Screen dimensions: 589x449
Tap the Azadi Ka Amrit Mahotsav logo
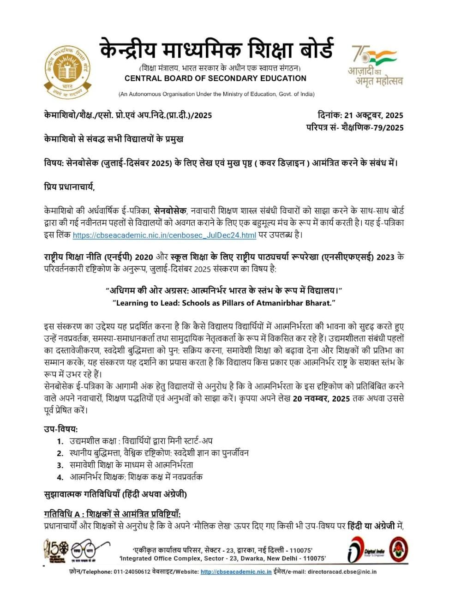[375, 65]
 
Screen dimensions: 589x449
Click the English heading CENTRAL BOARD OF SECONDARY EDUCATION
[216, 78]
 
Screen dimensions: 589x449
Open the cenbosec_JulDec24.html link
[164, 235]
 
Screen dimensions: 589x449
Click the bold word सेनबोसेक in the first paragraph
[170, 211]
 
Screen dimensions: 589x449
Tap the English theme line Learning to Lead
[223, 303]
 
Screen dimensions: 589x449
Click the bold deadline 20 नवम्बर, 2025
[321, 399]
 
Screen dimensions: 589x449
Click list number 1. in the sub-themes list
[60, 441]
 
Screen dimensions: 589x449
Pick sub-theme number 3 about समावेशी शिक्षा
[131, 465]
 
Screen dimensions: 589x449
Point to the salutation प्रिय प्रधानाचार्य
[69, 187]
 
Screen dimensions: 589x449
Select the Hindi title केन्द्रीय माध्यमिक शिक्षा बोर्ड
[216, 49]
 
